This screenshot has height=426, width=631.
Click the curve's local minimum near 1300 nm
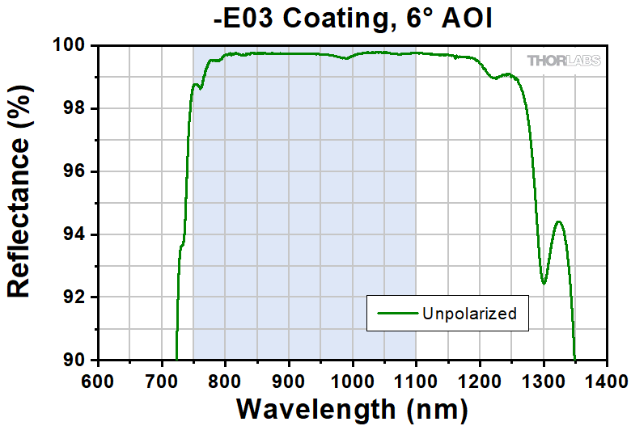[544, 284]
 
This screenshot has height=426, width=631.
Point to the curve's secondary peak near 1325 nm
[558, 221]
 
